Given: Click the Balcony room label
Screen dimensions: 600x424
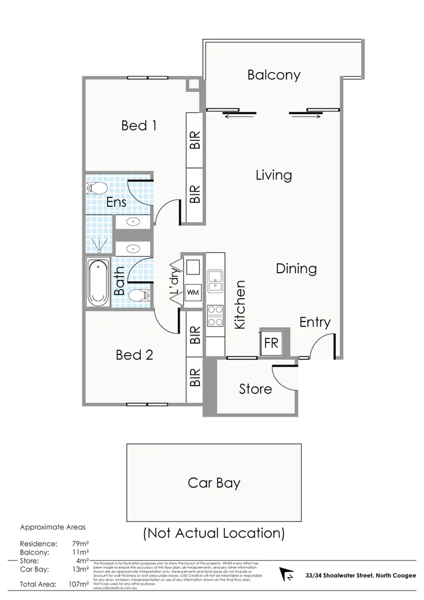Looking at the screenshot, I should pyautogui.click(x=274, y=75).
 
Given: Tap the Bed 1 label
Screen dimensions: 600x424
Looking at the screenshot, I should pyautogui.click(x=139, y=126).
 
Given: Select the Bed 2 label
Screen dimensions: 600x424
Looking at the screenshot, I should pyautogui.click(x=134, y=355).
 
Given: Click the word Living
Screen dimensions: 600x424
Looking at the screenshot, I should pyautogui.click(x=274, y=175).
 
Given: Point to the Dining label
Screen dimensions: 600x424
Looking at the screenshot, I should pyautogui.click(x=296, y=268).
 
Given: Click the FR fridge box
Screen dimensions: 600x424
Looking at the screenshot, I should pyautogui.click(x=271, y=344).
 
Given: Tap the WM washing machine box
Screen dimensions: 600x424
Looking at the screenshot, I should pyautogui.click(x=192, y=294).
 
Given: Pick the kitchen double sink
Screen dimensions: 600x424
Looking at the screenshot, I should pyautogui.click(x=215, y=280).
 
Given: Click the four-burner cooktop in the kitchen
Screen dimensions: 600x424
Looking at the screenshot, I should pyautogui.click(x=215, y=315).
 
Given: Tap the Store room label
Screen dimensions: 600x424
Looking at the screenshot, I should pyautogui.click(x=255, y=389).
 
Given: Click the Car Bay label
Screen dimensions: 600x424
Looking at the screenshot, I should pyautogui.click(x=214, y=483).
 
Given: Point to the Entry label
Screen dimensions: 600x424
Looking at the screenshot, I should pyautogui.click(x=315, y=322).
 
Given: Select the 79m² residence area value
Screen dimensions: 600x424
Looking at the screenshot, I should pyautogui.click(x=80, y=544).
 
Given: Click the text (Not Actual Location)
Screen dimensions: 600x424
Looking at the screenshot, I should pyautogui.click(x=214, y=532).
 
